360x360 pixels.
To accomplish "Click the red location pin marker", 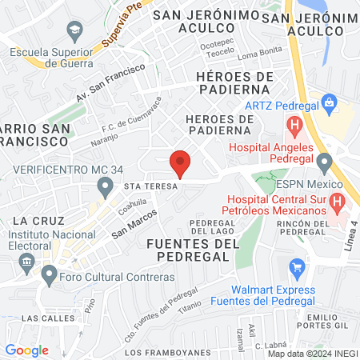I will pos(181,163).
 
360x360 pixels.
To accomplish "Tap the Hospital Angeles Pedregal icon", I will pos(295,125).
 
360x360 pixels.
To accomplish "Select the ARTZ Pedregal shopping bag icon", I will pos(328,102).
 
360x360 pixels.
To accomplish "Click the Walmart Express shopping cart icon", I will pos(298,266).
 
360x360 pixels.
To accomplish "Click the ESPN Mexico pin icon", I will pos(324,163).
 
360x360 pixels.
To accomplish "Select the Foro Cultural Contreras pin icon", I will pos(49,277).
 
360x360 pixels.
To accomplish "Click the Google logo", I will pos(26,350).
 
